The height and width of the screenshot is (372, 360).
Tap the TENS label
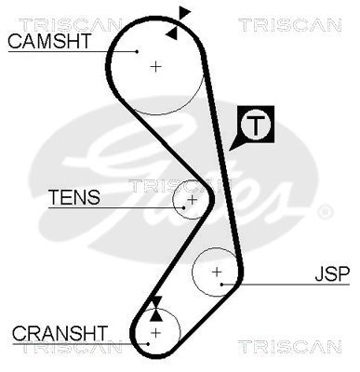[73, 197]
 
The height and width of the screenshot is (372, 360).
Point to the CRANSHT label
[60, 332]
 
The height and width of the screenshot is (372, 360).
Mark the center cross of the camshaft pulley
[156, 67]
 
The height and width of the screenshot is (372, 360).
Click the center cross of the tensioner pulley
[192, 199]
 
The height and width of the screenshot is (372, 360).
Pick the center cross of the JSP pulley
[217, 272]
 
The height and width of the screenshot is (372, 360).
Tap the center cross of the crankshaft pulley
[155, 332]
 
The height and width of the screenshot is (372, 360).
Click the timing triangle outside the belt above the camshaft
[184, 12]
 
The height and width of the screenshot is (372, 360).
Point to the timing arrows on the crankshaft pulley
[155, 304]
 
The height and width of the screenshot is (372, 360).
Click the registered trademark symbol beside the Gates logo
[325, 212]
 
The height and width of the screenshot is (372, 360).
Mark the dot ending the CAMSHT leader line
[137, 51]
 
